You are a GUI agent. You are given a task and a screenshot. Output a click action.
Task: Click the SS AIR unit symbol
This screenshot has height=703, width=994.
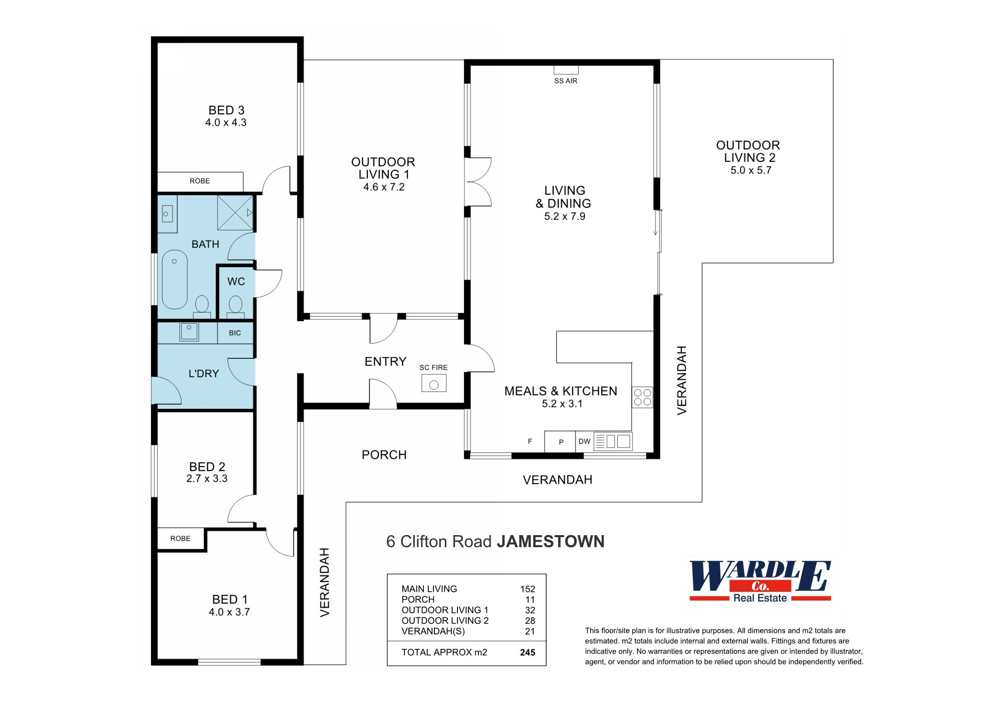point(566,70)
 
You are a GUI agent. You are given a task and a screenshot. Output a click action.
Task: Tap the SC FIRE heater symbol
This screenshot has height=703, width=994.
point(434,384)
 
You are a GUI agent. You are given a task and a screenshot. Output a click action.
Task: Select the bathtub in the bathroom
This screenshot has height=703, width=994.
point(174,280)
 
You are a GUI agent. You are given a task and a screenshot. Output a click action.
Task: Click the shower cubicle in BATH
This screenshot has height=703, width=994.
point(234,213)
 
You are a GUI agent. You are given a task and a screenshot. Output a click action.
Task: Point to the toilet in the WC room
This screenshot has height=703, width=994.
point(235,305)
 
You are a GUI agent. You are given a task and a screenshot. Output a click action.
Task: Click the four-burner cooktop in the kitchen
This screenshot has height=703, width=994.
point(642,397)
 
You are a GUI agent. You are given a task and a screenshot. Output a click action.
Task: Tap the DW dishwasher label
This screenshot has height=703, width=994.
point(584,441)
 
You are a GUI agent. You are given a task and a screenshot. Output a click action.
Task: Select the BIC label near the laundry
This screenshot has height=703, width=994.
point(234,333)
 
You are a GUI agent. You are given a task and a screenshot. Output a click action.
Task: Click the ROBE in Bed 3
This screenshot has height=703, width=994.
point(200,181)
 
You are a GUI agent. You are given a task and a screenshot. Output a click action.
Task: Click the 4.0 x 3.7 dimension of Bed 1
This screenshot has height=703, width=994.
point(229,612)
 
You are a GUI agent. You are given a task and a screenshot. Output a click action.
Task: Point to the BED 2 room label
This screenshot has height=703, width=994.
point(207,466)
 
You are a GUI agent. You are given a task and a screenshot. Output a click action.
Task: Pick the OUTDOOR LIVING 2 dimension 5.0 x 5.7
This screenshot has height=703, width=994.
point(751,170)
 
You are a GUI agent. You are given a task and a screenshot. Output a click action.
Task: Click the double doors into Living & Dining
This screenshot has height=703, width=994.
point(478,182)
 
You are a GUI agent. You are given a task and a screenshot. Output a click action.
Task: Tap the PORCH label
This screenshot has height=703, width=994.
point(384,454)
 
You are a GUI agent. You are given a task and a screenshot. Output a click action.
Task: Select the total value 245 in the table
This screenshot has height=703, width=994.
point(527,652)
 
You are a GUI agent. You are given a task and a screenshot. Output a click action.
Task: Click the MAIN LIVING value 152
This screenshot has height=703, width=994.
point(527,589)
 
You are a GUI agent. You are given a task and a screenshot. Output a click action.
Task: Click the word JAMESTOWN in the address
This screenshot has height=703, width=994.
point(550,542)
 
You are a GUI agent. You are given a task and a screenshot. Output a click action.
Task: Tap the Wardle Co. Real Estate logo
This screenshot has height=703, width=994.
point(760,581)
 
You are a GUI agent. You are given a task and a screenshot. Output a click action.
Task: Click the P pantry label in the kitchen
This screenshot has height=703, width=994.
point(561,442)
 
